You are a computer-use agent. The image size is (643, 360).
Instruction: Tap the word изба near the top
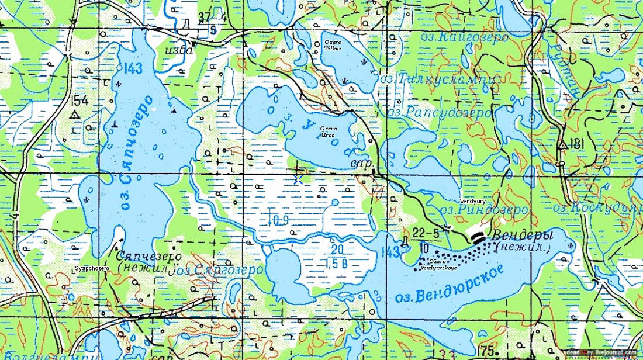pos(179,50)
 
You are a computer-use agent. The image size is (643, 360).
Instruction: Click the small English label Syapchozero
pos(93,268)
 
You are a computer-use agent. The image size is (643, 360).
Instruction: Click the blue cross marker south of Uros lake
pos(299,179)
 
